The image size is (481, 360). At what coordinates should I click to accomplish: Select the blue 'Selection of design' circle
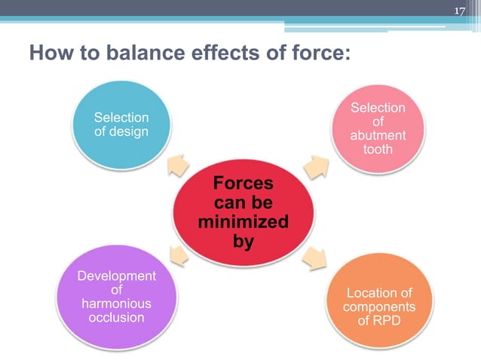(x=121, y=125)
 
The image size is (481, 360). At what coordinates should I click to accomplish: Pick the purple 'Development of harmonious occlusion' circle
(x=116, y=297)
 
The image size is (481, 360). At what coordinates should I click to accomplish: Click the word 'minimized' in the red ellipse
(x=243, y=223)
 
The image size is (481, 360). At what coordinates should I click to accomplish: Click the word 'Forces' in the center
(x=243, y=184)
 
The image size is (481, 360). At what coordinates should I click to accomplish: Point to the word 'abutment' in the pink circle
(x=378, y=136)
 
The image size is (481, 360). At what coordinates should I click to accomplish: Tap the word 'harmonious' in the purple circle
(x=116, y=304)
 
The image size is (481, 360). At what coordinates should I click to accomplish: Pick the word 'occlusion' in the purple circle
(x=116, y=317)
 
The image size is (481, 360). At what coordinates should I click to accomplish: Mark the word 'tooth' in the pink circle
(x=378, y=149)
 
